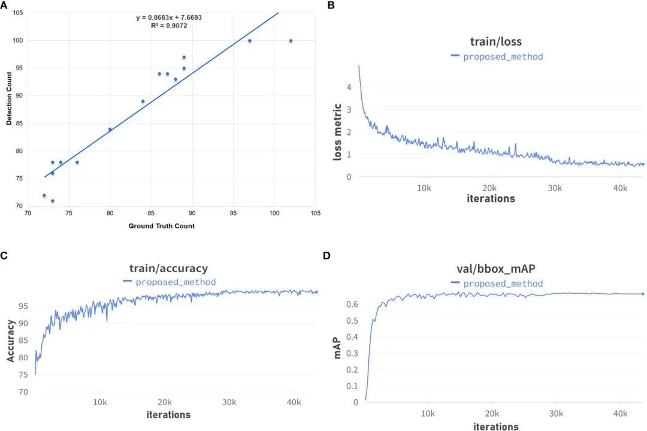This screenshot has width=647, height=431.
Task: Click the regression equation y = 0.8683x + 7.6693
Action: [x=169, y=17]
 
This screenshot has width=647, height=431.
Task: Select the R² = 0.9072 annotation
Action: [x=169, y=25]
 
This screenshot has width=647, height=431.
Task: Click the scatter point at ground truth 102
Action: [x=291, y=41]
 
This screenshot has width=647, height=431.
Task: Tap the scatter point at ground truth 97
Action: [x=249, y=41]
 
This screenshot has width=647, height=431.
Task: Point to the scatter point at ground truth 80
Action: [x=110, y=129]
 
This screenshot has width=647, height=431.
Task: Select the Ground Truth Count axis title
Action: [x=161, y=226]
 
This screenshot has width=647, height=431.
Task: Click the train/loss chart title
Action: [x=497, y=42]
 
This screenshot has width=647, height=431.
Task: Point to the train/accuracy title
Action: [x=169, y=268]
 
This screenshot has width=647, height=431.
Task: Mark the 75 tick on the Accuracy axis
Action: [x=23, y=375]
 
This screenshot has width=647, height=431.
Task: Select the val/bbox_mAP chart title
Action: [x=497, y=270]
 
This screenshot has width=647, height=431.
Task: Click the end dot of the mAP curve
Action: [x=643, y=294]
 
